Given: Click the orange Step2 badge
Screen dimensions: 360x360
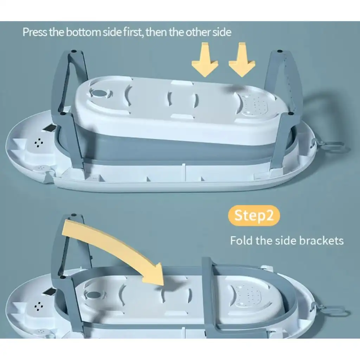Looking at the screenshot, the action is (254, 216).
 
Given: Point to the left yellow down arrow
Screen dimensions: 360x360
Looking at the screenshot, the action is (205, 59).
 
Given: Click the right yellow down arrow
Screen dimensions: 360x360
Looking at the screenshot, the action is (242, 59).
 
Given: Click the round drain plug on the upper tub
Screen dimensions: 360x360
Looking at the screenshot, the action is (99, 93).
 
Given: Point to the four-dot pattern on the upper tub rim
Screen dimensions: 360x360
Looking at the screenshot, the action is (39, 143).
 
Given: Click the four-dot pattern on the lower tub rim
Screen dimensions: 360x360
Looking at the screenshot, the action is (39, 307).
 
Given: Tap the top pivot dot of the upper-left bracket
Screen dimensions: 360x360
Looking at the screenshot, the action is (73, 51).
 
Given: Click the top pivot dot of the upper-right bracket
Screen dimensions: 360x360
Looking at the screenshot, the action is (279, 51).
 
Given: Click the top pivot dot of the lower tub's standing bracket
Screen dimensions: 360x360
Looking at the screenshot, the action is (74, 215).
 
